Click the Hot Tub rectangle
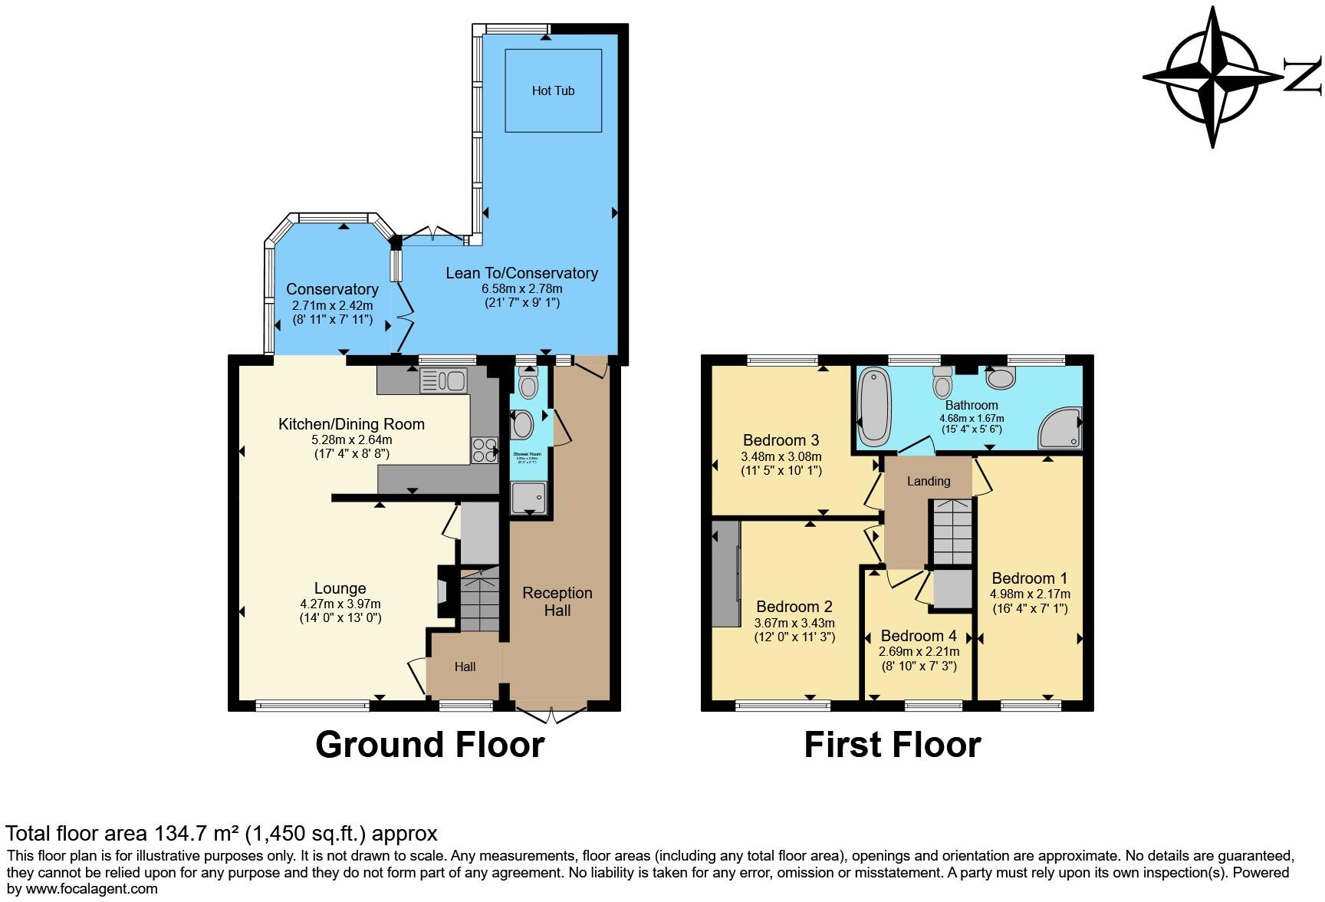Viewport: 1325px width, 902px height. point(552,91)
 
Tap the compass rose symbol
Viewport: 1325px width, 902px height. point(1214,77)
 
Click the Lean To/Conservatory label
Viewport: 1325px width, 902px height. point(521,273)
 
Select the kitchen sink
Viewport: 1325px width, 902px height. point(444,380)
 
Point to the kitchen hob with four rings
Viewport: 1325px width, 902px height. point(484,449)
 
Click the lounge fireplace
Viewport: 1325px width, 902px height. point(443,591)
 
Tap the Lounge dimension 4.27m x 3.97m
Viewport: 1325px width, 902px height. point(340,604)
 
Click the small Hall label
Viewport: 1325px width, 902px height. point(465,667)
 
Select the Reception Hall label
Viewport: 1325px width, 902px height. point(557,601)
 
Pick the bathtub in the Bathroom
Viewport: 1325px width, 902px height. point(873,407)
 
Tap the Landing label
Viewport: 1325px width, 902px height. point(929,482)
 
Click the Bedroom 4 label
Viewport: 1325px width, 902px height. point(919,636)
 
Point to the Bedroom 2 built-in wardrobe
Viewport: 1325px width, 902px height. point(725,574)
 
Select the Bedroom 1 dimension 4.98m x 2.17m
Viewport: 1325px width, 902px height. point(1030,594)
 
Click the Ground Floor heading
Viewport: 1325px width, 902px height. point(429,745)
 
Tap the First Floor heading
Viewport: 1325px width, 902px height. point(892,745)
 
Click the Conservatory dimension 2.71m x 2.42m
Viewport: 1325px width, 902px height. point(332,305)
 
